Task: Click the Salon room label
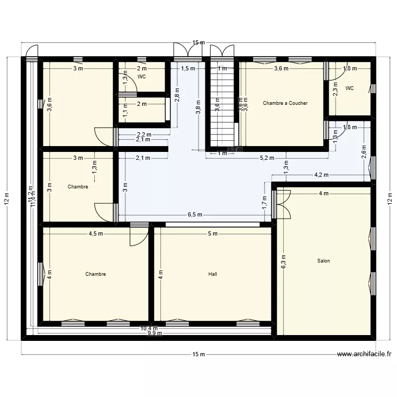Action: (x=323, y=261)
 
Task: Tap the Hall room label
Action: (x=212, y=274)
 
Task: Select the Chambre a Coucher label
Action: (x=285, y=103)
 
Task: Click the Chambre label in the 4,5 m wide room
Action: (x=96, y=274)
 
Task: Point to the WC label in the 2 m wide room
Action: (x=141, y=77)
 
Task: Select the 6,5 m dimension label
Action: (x=194, y=215)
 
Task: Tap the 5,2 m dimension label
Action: (x=267, y=158)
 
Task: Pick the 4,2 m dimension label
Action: (x=321, y=175)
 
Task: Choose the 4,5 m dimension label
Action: (x=96, y=233)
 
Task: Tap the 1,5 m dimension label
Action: (x=188, y=68)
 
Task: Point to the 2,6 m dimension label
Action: (x=364, y=151)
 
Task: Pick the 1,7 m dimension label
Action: (x=265, y=202)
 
